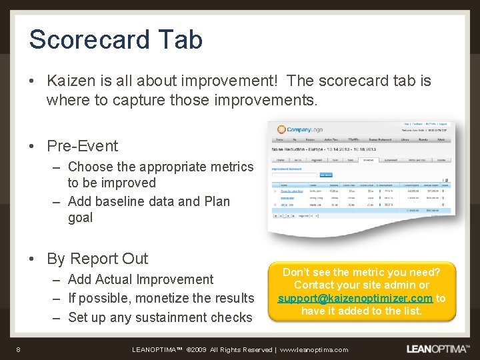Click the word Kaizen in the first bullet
click(x=69, y=81)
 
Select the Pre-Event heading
click(x=82, y=146)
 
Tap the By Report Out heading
click(x=97, y=259)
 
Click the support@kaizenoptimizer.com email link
click(x=355, y=298)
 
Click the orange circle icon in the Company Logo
click(x=281, y=129)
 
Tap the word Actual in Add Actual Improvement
click(x=116, y=279)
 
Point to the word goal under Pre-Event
click(x=80, y=218)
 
